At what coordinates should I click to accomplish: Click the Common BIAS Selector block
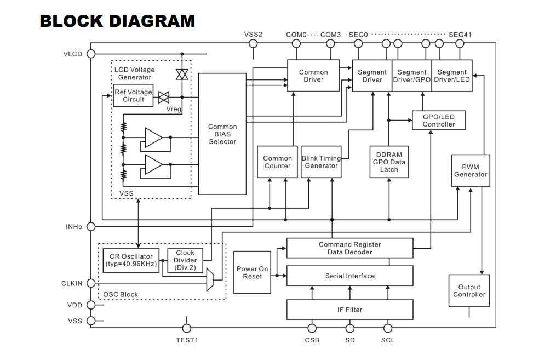click(x=222, y=134)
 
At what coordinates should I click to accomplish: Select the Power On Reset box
click(x=252, y=272)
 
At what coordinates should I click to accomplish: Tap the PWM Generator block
click(x=471, y=170)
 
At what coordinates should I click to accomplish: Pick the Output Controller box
click(x=469, y=290)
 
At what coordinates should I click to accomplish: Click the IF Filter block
click(x=349, y=310)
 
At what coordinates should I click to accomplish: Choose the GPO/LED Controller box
click(x=439, y=120)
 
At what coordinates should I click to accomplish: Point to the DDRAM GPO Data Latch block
click(x=389, y=162)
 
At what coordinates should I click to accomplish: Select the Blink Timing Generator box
click(x=321, y=162)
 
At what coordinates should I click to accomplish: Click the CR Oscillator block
click(x=131, y=260)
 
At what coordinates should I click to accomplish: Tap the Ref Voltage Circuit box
click(x=133, y=95)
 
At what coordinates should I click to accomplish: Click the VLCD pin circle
click(x=91, y=54)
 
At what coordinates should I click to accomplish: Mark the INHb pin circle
click(x=91, y=226)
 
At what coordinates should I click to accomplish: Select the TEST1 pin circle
click(x=186, y=328)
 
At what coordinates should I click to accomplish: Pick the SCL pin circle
click(x=388, y=328)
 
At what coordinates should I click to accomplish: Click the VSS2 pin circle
click(x=253, y=44)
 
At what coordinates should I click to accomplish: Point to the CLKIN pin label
click(x=72, y=283)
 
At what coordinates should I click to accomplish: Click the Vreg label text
click(x=174, y=109)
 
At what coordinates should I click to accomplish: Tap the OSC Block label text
click(x=120, y=294)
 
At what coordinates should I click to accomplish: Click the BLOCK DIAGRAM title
click(x=117, y=21)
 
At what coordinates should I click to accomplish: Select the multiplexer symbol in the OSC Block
click(x=210, y=280)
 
